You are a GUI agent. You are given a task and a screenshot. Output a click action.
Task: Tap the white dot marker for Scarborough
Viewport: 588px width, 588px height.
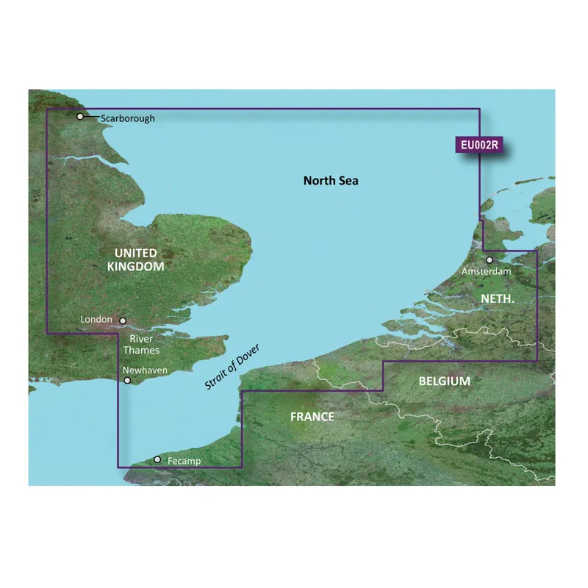[80, 116]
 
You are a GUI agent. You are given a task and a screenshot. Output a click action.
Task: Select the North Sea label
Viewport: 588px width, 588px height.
[331, 181]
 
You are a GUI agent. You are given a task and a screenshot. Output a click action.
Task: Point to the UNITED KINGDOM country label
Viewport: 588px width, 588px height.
[135, 259]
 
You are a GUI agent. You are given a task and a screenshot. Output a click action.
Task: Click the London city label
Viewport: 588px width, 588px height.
[98, 320]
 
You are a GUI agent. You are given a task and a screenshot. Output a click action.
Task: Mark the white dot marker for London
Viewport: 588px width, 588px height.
[123, 321]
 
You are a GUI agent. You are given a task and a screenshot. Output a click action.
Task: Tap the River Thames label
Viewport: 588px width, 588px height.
[144, 344]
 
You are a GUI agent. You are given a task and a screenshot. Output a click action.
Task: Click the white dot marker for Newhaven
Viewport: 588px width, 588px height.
[128, 381]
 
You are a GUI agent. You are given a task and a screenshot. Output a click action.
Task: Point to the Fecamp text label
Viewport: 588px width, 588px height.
[183, 462]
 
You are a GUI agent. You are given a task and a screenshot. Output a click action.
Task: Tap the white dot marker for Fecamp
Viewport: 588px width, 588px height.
[157, 460]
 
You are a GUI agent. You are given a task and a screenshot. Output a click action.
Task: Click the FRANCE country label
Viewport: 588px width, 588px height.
[312, 417]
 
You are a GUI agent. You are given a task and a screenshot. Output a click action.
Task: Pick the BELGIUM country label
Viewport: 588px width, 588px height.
[445, 381]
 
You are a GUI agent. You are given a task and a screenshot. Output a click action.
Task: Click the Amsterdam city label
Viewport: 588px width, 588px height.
[485, 272]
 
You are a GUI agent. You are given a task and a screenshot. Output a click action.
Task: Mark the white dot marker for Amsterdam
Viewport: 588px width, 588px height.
[490, 259]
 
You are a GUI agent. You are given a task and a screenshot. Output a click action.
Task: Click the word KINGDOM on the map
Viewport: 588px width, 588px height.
[135, 267]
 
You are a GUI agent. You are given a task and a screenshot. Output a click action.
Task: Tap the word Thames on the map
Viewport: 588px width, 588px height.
[144, 351]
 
